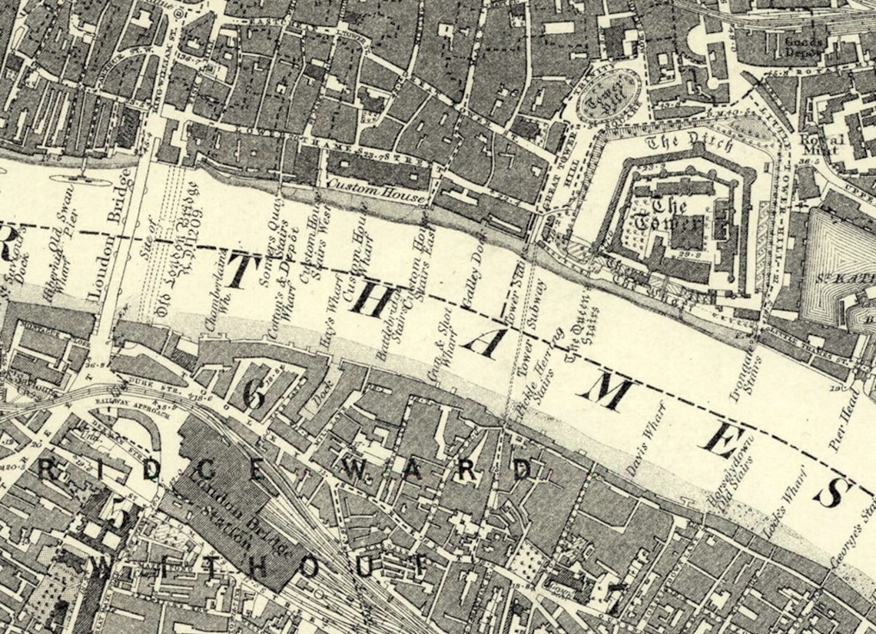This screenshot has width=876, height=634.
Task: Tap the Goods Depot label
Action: [802, 47]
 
